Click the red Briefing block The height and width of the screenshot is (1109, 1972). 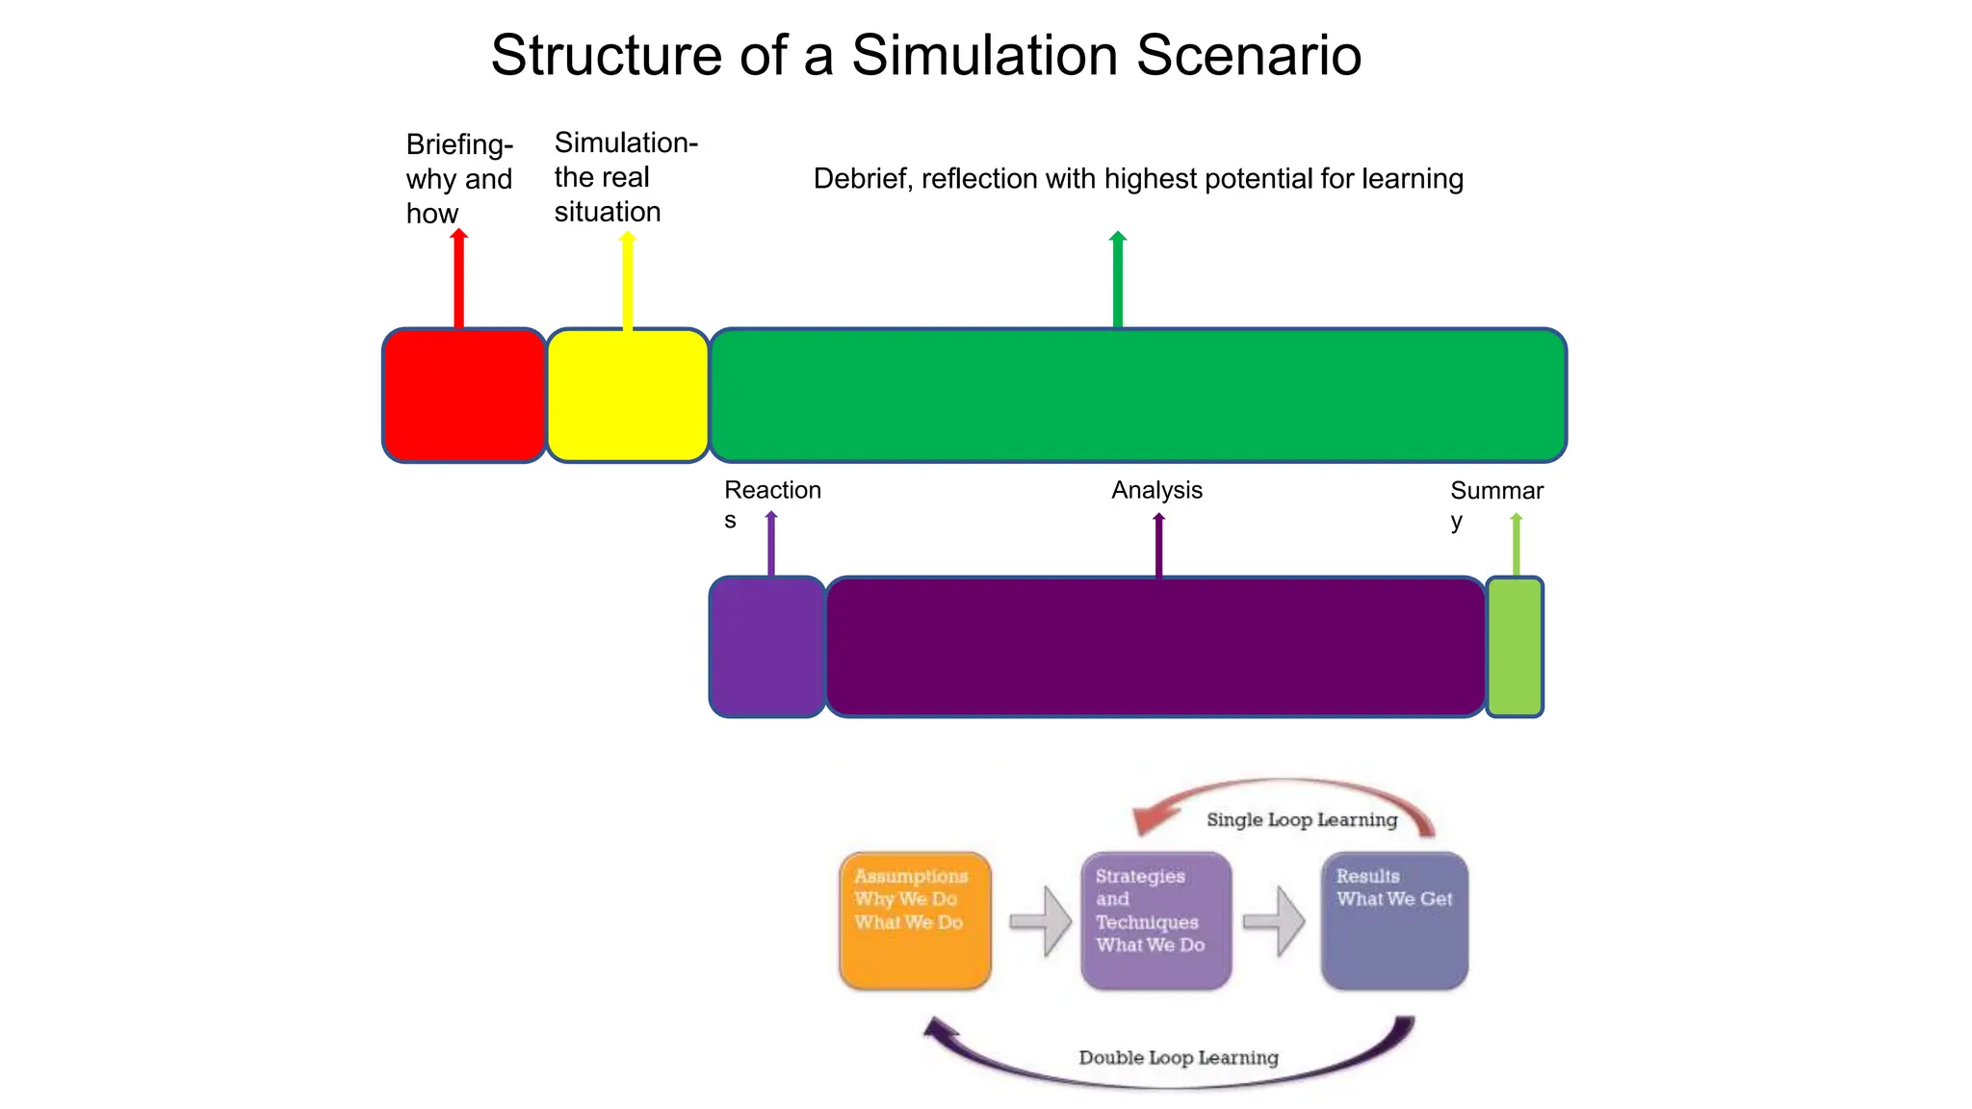click(464, 396)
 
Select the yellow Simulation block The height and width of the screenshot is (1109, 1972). click(628, 396)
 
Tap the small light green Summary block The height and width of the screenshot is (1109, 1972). click(1515, 647)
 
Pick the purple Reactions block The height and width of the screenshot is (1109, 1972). click(767, 647)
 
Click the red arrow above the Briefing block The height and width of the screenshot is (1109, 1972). click(459, 279)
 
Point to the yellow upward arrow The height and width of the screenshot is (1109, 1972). click(628, 281)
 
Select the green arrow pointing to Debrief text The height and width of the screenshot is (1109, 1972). click(1118, 280)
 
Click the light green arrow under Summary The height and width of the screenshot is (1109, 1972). click(1517, 545)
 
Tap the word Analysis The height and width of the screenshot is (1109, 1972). click(1156, 490)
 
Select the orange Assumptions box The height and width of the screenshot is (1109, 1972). click(915, 920)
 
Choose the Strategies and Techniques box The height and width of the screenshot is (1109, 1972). click(1155, 920)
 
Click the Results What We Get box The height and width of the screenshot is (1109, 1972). click(1394, 920)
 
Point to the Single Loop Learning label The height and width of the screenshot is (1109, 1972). click(1301, 819)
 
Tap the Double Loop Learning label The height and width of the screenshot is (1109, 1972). click(1178, 1057)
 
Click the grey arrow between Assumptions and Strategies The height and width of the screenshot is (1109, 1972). click(1041, 921)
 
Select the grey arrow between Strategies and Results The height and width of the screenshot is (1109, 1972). click(1274, 921)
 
